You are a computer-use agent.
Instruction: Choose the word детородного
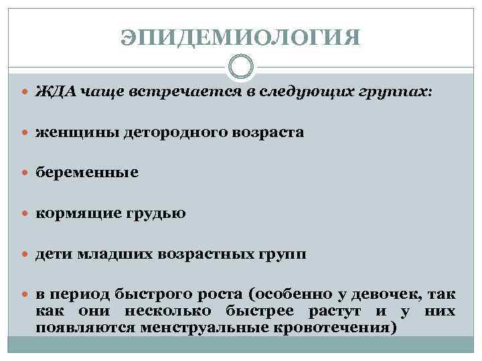167,132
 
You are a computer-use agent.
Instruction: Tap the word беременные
87,172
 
